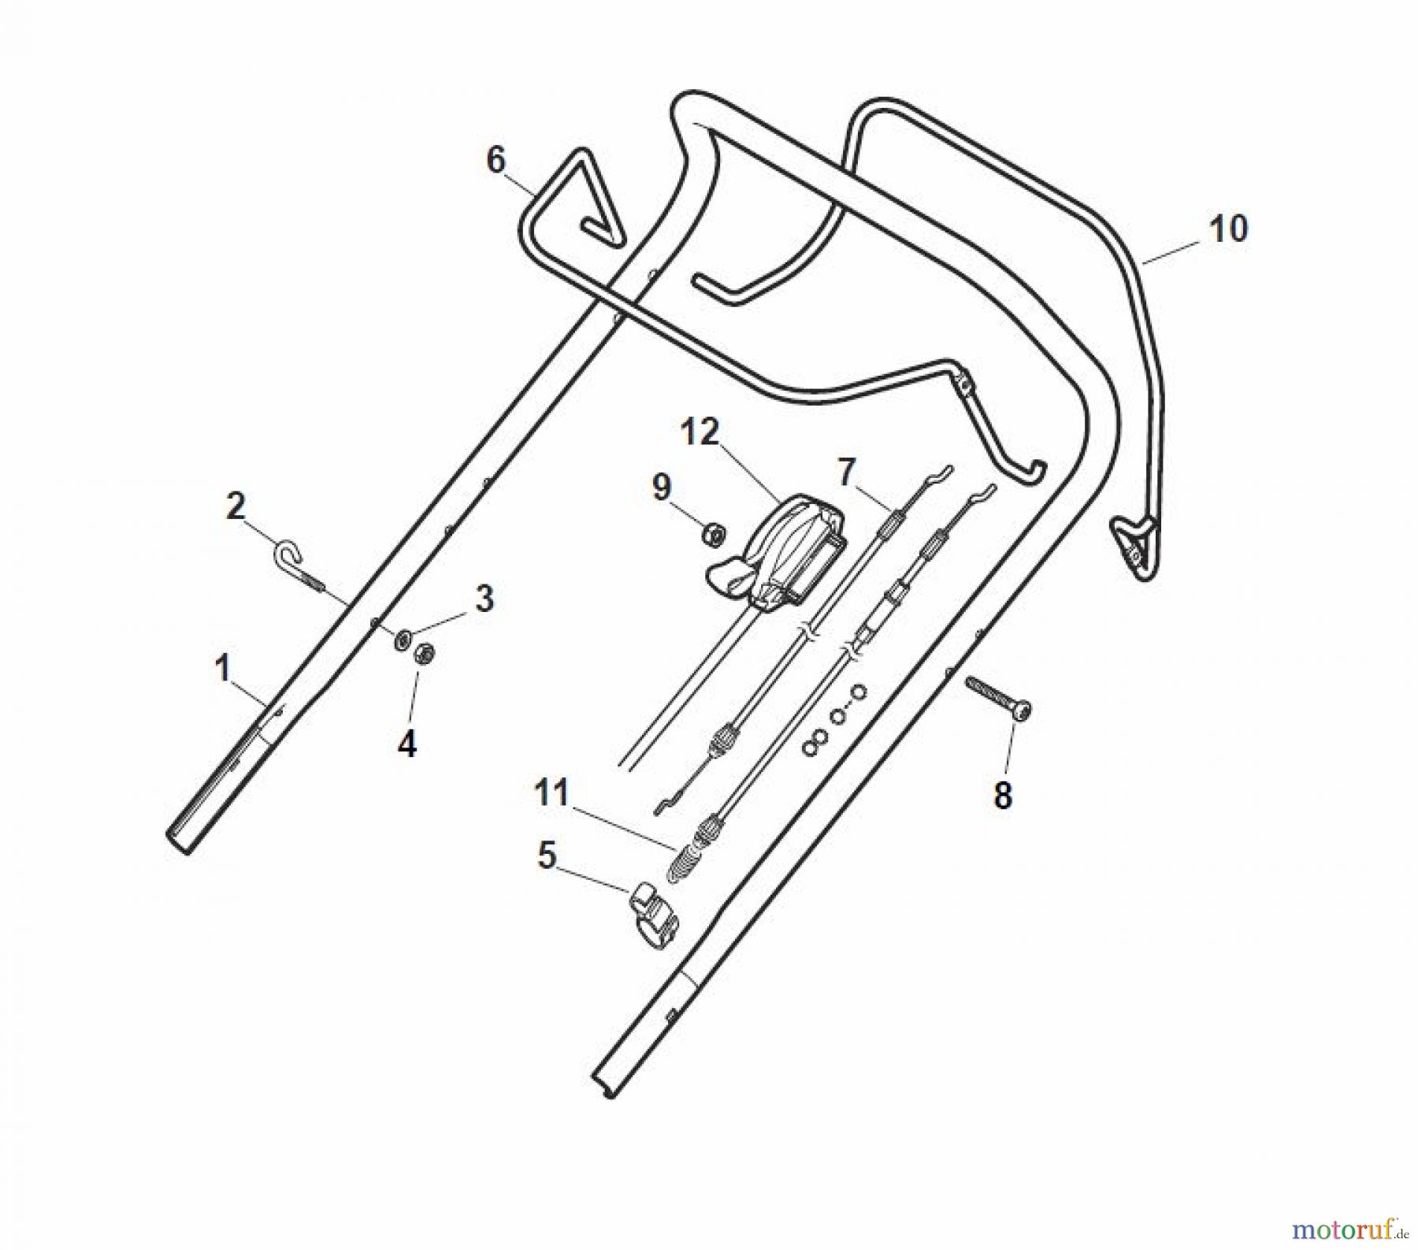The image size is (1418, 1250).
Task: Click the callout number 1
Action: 223,669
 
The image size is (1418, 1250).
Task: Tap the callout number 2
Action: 236,506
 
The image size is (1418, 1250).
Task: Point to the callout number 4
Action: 406,744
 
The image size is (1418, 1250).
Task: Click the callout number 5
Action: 547,855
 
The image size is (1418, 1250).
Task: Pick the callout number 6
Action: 496,161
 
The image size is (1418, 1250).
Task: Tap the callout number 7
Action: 845,472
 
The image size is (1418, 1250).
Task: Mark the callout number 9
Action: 661,488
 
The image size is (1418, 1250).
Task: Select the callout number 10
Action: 1229,229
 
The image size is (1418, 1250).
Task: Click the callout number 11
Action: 551,792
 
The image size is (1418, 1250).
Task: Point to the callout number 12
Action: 700,432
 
